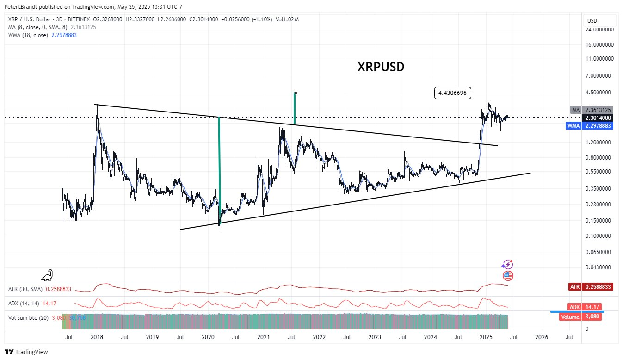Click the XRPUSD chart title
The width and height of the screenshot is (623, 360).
[x=381, y=67]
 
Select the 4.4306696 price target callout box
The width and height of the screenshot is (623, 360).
[x=453, y=93]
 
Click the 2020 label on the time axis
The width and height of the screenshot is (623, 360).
[x=207, y=337]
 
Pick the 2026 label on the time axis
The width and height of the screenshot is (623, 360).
[x=541, y=337]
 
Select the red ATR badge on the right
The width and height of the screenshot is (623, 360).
[x=590, y=287]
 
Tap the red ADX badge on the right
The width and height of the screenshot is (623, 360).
[x=590, y=307]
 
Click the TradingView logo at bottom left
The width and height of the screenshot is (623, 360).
[x=26, y=352]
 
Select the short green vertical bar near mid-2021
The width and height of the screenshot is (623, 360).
[x=295, y=108]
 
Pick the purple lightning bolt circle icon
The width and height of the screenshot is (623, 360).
[x=507, y=265]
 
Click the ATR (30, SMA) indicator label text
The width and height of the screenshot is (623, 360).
[x=25, y=289]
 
